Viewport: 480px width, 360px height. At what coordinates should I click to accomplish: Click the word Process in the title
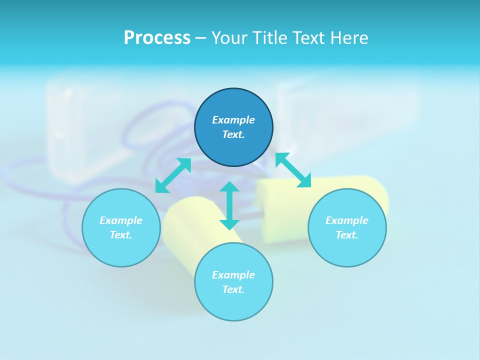[157, 38]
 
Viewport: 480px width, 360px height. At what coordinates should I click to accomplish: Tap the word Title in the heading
[266, 38]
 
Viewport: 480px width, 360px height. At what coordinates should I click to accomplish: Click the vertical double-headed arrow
[229, 205]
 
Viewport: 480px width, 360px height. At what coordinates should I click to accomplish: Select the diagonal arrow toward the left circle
[173, 175]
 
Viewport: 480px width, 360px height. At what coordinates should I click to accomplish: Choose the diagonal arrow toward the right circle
[293, 170]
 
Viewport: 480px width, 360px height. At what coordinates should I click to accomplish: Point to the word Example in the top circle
[233, 120]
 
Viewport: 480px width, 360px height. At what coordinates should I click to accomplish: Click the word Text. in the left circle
[121, 235]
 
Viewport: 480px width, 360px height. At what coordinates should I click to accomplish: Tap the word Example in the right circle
[347, 220]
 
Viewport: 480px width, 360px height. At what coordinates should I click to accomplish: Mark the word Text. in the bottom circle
[233, 289]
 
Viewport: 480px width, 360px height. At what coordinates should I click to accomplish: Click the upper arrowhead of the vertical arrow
[229, 187]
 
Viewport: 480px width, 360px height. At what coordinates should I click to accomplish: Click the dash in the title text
[200, 38]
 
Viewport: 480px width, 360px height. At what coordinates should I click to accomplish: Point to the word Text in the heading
[307, 38]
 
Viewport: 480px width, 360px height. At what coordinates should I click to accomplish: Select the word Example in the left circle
[121, 220]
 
